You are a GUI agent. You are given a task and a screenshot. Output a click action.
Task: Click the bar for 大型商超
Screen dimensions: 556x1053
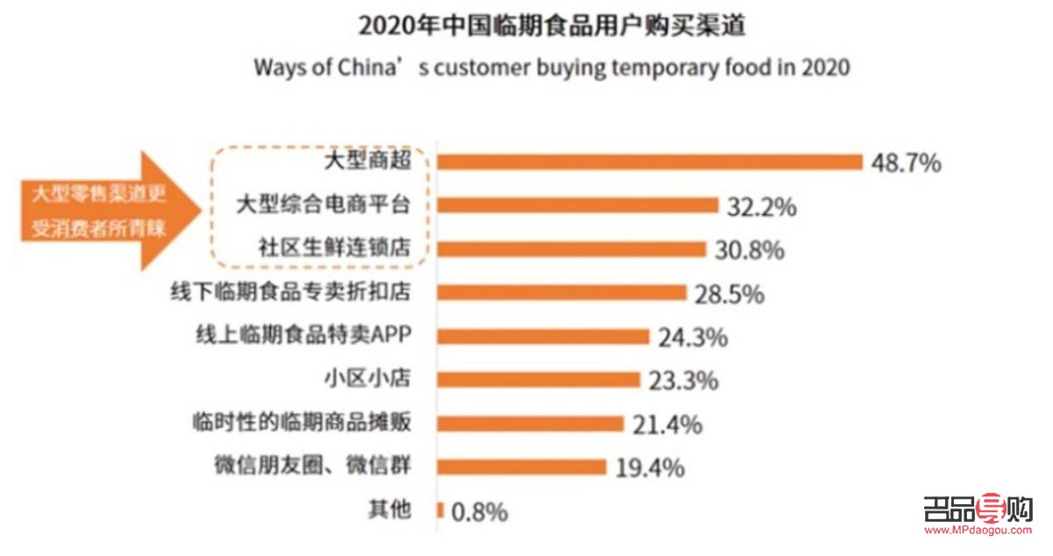click(x=650, y=161)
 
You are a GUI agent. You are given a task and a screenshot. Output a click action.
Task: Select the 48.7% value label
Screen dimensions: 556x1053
click(x=906, y=162)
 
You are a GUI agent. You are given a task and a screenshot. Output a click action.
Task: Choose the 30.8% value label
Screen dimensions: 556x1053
click(x=748, y=250)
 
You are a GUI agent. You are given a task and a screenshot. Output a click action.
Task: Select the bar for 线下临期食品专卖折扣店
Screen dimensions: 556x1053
click(x=562, y=292)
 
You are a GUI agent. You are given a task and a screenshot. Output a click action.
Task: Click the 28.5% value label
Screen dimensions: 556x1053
click(x=728, y=294)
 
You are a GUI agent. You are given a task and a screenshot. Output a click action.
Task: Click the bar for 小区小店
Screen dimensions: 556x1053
click(x=538, y=379)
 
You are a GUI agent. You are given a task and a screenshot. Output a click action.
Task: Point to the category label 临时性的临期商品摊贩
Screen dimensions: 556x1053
click(x=302, y=422)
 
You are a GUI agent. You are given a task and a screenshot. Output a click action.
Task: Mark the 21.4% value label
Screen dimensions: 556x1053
click(x=667, y=424)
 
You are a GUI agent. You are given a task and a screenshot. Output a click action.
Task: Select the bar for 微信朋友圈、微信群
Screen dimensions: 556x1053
click(x=521, y=467)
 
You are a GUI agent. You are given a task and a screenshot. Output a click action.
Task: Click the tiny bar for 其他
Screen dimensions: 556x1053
click(x=441, y=510)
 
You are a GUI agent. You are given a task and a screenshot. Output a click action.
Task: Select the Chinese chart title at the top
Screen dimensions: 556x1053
click(x=552, y=25)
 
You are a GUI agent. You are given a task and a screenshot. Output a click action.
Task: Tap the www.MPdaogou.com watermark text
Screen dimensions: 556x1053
click(x=978, y=530)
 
